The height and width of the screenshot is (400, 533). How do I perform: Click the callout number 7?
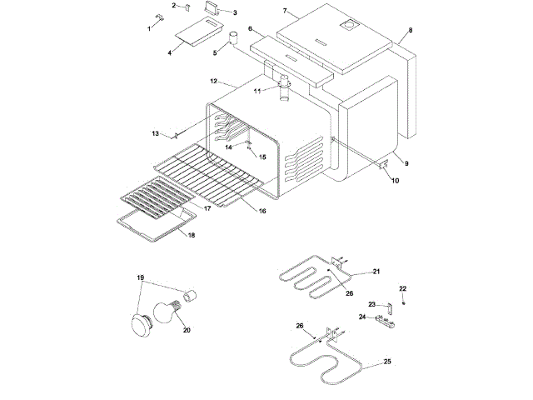tap(285, 11)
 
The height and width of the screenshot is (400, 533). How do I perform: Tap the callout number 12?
tap(214, 82)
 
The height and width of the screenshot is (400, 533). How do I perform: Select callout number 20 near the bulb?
tap(187, 330)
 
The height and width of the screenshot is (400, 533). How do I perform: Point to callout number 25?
tap(387, 362)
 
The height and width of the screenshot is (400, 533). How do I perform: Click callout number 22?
tap(402, 288)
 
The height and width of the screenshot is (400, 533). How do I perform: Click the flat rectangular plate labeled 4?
tap(197, 32)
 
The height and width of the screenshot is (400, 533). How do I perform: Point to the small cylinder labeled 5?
tap(233, 37)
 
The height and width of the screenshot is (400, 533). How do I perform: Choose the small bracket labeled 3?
tap(212, 8)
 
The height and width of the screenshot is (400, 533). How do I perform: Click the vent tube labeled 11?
tap(285, 87)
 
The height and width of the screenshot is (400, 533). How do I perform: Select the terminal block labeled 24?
tap(384, 318)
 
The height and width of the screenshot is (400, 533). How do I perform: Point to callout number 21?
tap(376, 272)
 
